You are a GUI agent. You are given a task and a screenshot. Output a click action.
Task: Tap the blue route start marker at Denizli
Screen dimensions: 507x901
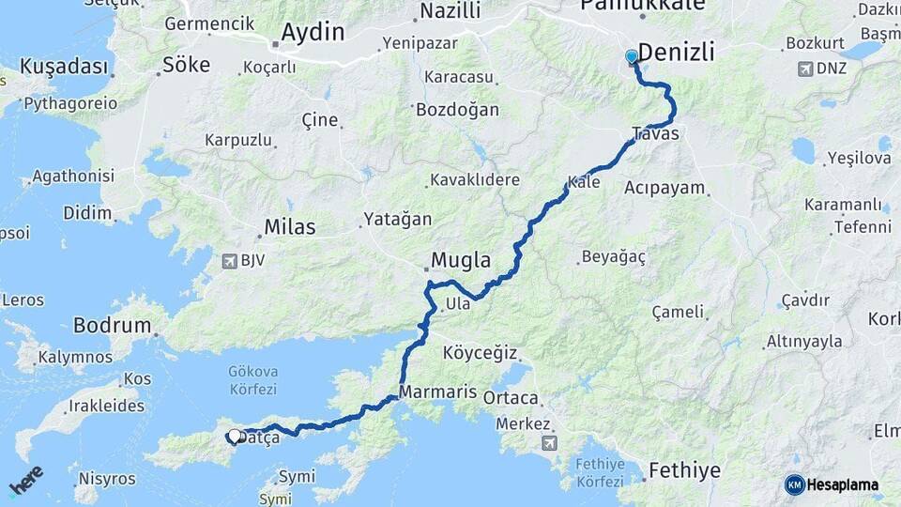[x=632, y=57]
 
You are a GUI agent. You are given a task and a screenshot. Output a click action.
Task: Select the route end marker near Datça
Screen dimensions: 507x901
[x=234, y=436]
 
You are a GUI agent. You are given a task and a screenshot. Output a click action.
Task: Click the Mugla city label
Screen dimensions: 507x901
[x=462, y=260]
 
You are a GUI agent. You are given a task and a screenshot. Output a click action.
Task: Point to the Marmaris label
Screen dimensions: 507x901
[x=437, y=392]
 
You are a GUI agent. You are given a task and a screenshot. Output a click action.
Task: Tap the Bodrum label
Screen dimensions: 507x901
[x=112, y=326]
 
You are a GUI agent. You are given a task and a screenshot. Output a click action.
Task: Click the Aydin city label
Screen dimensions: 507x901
[x=313, y=32]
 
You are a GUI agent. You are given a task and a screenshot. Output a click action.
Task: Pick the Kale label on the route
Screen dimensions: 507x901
[x=584, y=181]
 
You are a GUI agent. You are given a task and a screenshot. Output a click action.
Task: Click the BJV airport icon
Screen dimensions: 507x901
[x=230, y=260]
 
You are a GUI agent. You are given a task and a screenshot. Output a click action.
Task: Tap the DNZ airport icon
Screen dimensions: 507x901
[x=804, y=69]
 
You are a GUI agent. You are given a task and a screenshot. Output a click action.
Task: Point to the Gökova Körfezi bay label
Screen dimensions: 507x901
[x=252, y=380]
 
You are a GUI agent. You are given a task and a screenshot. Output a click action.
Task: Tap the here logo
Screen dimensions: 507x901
[x=25, y=480]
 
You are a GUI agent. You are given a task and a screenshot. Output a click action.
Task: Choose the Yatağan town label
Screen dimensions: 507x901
[x=398, y=219]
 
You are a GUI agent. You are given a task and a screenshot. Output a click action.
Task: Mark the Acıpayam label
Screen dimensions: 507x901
[x=664, y=187]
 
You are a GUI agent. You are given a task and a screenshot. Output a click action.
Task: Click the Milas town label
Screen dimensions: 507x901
[x=289, y=226]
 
